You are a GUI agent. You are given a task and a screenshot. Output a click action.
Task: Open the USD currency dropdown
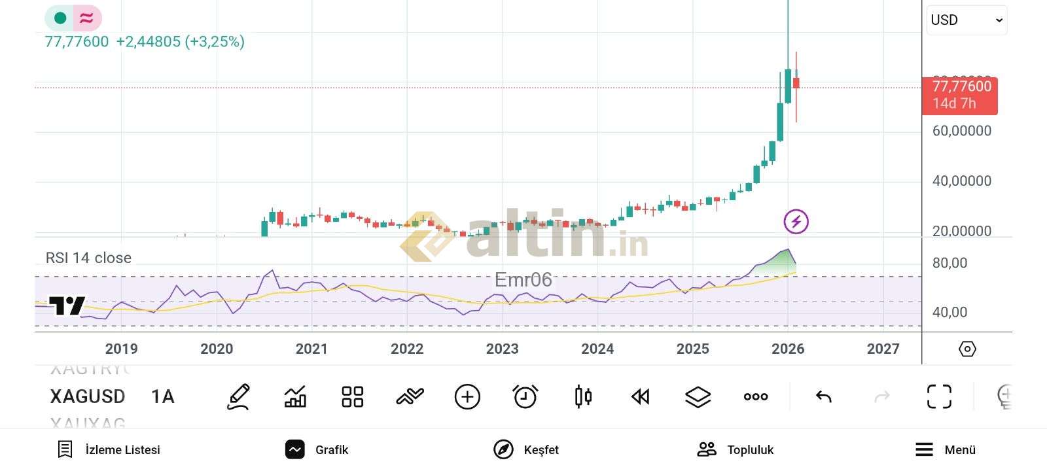[x=966, y=20]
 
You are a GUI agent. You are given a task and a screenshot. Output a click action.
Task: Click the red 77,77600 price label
[x=960, y=94]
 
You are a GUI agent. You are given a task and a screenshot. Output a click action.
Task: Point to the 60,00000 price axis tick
[x=961, y=131]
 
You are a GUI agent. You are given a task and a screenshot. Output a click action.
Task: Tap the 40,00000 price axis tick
[x=961, y=181]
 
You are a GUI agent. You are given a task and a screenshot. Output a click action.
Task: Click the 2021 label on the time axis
[x=311, y=349]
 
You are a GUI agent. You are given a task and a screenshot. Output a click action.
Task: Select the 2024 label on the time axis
[x=597, y=349]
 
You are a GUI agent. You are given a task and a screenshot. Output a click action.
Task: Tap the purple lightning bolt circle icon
[x=796, y=222]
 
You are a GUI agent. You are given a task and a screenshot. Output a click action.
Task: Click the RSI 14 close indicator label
[x=88, y=258]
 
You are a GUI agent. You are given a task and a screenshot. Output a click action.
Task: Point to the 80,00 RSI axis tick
[x=949, y=263]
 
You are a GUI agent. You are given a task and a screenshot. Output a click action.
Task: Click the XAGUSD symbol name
[x=88, y=396]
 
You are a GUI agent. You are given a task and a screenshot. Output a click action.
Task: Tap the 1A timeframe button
[x=163, y=396]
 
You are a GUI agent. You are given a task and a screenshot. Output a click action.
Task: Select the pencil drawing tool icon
[x=238, y=396]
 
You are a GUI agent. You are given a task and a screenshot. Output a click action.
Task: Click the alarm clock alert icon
[x=525, y=396]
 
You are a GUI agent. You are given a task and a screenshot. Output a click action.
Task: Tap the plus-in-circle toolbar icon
[x=467, y=396]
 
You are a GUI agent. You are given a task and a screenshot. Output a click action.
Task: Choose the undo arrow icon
[x=824, y=396]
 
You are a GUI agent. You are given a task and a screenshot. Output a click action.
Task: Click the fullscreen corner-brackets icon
[x=939, y=396]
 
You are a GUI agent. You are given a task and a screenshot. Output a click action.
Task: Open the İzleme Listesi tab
[x=109, y=449]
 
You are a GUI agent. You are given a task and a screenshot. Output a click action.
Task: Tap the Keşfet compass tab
[x=526, y=449]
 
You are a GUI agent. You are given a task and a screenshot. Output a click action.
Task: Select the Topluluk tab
[x=736, y=449]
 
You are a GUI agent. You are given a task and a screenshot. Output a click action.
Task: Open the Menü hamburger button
[x=945, y=449]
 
